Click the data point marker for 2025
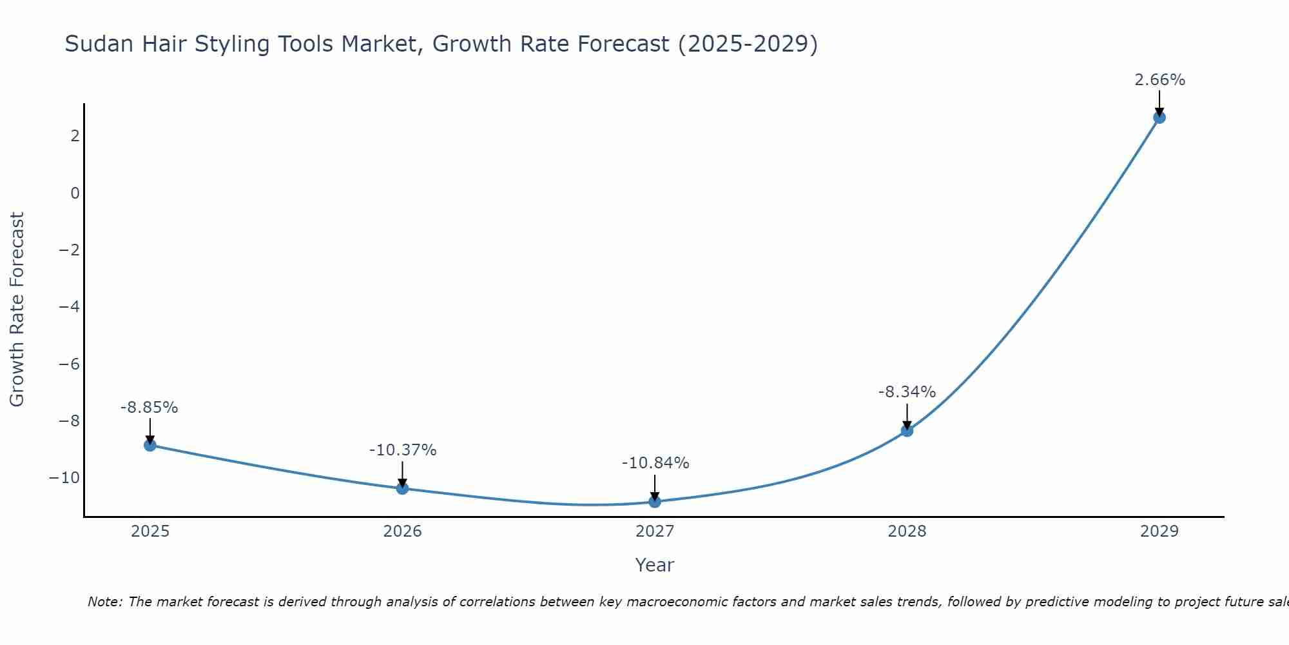coord(150,445)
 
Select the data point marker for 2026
coord(402,488)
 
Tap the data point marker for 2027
coord(655,501)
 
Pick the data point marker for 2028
coord(907,430)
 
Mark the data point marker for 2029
coord(1159,117)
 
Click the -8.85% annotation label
coord(149,408)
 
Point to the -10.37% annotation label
coord(403,450)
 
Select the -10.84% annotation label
coord(655,463)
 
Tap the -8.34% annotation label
coord(907,392)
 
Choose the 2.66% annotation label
coord(1159,80)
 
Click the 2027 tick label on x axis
coord(655,531)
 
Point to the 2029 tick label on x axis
coord(1159,531)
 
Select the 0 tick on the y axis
coord(75,193)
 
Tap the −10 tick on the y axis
coord(64,478)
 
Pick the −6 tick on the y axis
coord(69,364)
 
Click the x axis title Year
coord(654,565)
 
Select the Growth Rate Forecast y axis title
coord(17,310)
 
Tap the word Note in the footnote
coord(104,602)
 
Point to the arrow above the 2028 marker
coord(907,416)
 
